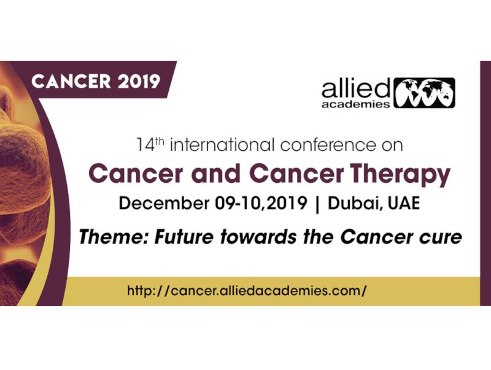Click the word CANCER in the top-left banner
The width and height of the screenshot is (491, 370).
(x=71, y=82)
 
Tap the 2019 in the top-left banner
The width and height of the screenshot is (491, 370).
(x=139, y=82)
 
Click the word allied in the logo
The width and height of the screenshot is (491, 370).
(x=356, y=88)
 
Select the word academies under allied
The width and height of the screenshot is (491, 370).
(x=356, y=104)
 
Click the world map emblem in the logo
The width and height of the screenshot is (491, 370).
(x=424, y=93)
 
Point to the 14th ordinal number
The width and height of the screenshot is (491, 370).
(x=150, y=145)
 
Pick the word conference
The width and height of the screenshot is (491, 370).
(x=328, y=145)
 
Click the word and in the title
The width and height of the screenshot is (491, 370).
(x=216, y=174)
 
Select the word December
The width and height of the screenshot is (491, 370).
(x=164, y=203)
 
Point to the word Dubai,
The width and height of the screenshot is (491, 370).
(x=355, y=204)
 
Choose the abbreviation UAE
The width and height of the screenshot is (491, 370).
(x=404, y=203)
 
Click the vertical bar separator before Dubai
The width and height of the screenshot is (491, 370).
(x=317, y=204)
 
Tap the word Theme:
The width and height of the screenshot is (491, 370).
(x=114, y=237)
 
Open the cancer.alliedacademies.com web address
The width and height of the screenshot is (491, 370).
(x=247, y=291)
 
